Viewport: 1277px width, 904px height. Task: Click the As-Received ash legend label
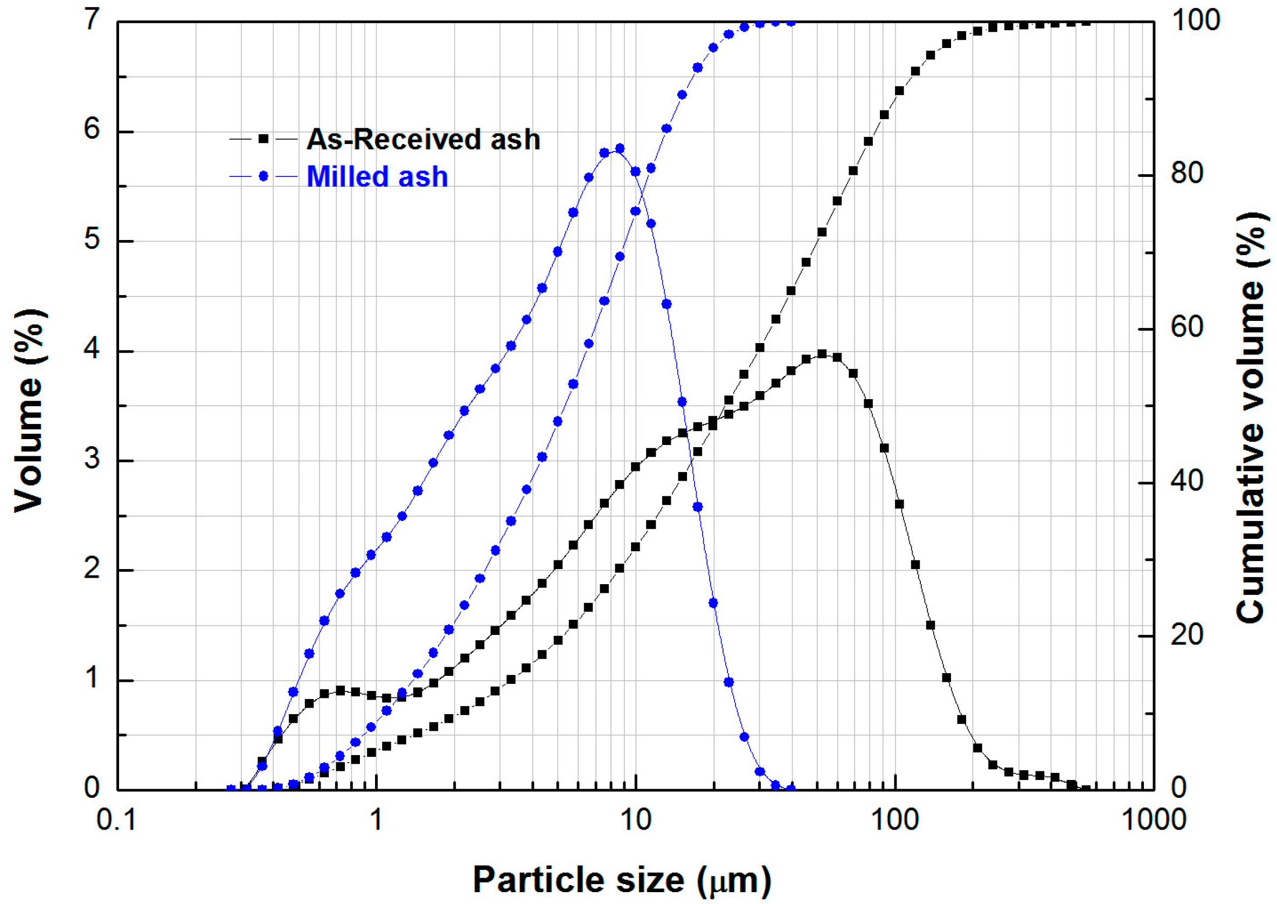tap(422, 139)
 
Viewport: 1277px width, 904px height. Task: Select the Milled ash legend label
tap(377, 176)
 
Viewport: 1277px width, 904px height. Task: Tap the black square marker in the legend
tap(263, 139)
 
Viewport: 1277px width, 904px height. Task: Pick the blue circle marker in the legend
tap(263, 176)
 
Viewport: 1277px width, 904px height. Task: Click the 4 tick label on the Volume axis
tap(92, 350)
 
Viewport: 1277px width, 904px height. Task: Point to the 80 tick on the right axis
tap(1187, 174)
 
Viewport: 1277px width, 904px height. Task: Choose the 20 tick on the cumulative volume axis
tap(1187, 635)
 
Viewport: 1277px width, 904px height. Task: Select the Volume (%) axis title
tap(29, 410)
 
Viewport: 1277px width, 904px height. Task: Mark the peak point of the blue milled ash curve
tap(620, 149)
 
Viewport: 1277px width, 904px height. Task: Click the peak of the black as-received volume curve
tap(822, 354)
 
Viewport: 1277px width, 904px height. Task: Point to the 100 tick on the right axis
tap(1196, 21)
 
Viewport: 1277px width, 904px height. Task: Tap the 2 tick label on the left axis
tap(92, 569)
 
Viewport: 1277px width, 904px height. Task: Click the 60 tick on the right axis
tap(1187, 327)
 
